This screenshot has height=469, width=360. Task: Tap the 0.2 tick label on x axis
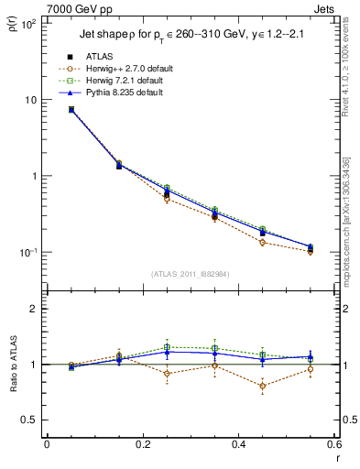(x=142, y=445)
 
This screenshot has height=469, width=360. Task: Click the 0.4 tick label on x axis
(x=238, y=445)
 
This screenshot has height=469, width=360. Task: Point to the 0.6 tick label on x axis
(x=333, y=445)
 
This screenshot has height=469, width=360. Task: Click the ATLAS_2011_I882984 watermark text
(x=191, y=274)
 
